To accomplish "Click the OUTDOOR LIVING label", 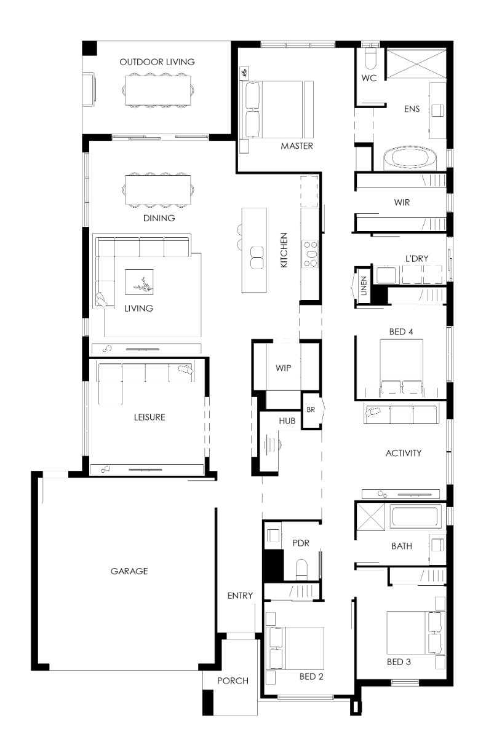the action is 157,62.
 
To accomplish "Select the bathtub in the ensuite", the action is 410,159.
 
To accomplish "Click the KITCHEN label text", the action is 284,250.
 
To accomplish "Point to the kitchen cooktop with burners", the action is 310,254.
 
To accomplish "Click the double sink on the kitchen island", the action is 257,257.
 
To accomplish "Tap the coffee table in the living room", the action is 139,282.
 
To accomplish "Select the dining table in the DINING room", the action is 158,190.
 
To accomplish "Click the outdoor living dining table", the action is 158,90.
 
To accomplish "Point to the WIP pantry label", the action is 283,368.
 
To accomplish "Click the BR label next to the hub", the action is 311,410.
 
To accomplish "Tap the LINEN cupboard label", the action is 364,286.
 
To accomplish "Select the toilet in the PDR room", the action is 301,570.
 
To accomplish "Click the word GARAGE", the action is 129,571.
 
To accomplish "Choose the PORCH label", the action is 233,681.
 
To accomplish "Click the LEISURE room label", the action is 149,417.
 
